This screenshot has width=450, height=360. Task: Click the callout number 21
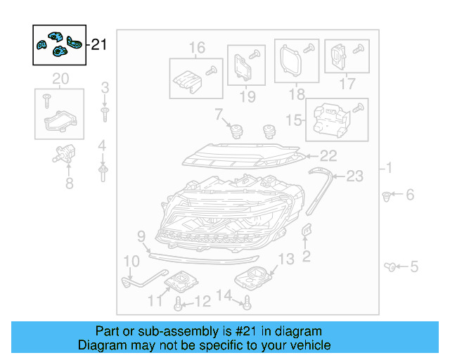click(99, 45)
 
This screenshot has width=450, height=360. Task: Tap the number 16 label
click(197, 48)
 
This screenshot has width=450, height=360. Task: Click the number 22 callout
click(329, 155)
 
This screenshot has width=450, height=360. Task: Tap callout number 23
click(354, 176)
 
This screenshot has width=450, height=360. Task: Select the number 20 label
click(60, 77)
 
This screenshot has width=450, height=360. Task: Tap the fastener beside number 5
click(392, 266)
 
